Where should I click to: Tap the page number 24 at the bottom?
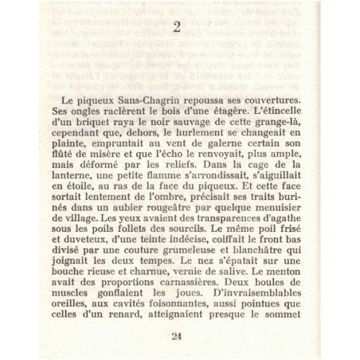click(x=177, y=335)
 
